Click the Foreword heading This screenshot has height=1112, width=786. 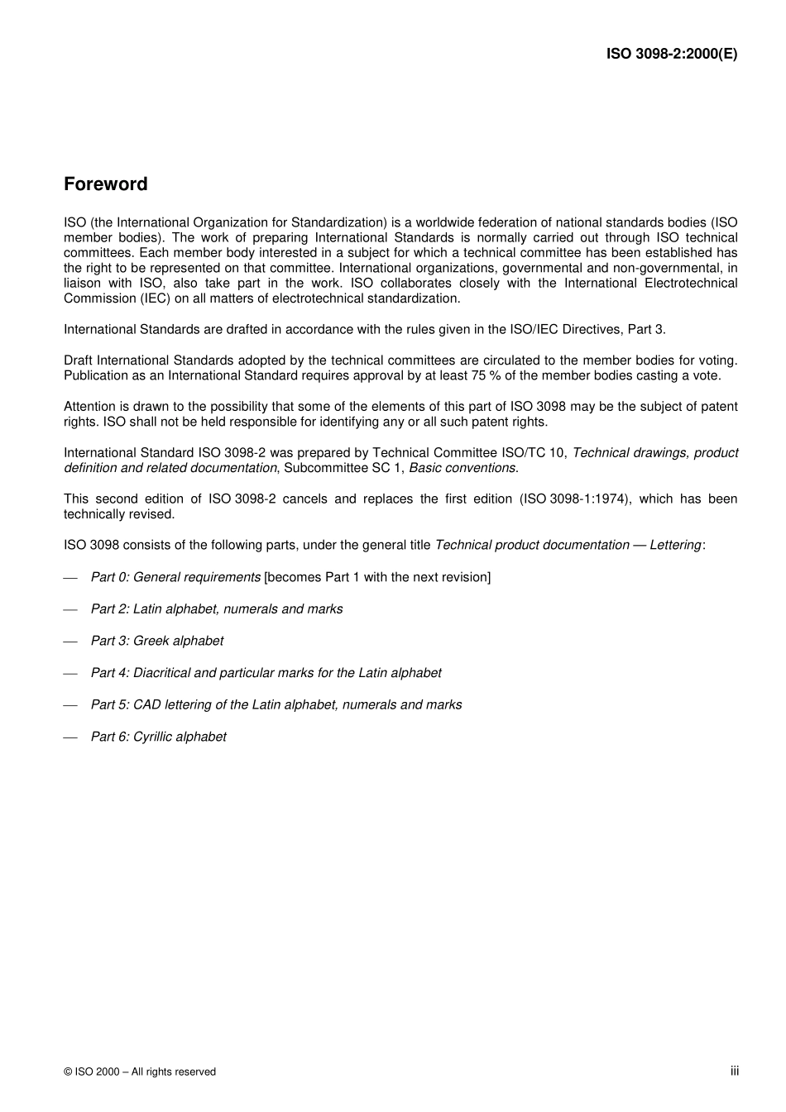(x=105, y=184)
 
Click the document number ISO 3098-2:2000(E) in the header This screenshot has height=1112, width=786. (x=671, y=54)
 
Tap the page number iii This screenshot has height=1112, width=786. (x=734, y=1071)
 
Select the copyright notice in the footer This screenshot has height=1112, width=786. (x=139, y=1071)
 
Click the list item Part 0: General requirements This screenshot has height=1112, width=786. (x=175, y=577)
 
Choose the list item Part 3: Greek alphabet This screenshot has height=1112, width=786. (x=156, y=641)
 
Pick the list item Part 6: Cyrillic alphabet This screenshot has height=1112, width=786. (x=158, y=737)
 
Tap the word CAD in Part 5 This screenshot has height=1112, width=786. (x=147, y=705)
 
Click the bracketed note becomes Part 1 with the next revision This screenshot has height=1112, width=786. (x=377, y=577)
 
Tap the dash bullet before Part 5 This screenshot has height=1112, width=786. (x=70, y=705)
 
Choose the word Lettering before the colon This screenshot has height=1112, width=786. (x=674, y=545)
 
